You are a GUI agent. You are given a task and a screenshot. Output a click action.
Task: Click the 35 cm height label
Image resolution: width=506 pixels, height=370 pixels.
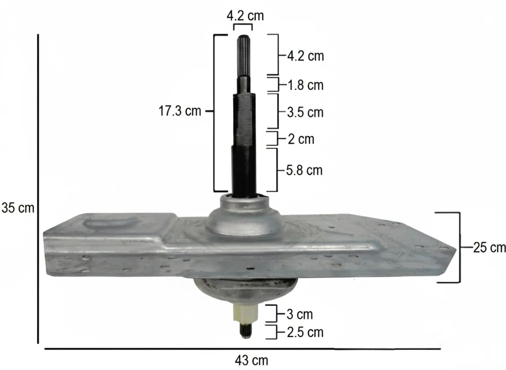18,208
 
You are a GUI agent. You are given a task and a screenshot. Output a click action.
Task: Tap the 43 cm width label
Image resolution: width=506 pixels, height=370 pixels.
251,360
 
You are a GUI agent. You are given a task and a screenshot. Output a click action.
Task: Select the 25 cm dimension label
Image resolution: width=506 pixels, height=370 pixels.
489,248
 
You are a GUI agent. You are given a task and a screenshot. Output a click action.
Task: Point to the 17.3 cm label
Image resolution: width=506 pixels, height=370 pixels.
180,111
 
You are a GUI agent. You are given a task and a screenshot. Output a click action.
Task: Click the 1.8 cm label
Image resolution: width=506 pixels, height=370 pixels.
305,85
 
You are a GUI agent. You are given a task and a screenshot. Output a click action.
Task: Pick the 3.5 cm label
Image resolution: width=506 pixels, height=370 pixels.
305,113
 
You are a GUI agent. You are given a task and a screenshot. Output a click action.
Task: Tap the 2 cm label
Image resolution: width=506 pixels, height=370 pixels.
301,139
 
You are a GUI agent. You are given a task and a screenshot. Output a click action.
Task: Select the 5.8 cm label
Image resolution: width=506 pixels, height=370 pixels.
304,170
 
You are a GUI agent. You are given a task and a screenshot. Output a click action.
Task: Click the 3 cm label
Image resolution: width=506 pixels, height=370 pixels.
300,314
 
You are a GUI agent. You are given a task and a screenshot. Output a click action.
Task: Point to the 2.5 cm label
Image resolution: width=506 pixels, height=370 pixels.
305,332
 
